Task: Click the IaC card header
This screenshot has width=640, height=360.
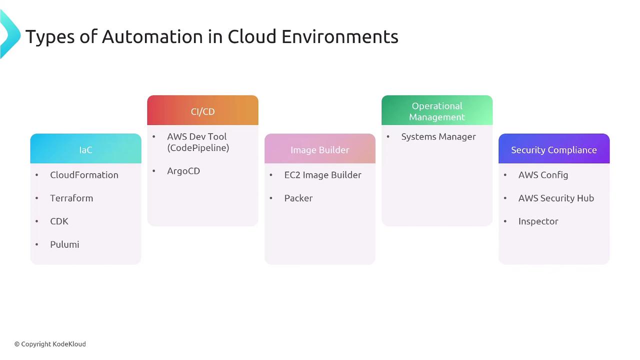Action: click(x=85, y=148)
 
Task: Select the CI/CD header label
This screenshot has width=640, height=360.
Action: click(x=203, y=111)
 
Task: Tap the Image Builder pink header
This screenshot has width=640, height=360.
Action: click(x=320, y=148)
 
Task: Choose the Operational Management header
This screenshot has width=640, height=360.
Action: click(x=437, y=110)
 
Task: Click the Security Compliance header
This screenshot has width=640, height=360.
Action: click(x=554, y=148)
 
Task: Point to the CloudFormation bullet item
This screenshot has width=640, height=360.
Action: click(x=84, y=175)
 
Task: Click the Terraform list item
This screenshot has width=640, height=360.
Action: click(x=71, y=198)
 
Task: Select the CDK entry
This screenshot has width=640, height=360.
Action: click(x=59, y=221)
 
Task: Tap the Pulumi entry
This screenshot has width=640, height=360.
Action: click(x=64, y=244)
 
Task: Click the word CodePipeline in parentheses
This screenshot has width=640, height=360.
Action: click(x=198, y=148)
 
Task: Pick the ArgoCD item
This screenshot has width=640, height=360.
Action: click(x=183, y=171)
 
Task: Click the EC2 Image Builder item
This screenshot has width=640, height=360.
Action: click(x=323, y=175)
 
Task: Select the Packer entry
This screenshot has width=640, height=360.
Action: click(x=298, y=198)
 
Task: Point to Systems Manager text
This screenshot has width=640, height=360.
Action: click(x=438, y=137)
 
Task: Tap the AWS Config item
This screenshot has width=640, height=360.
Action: click(x=543, y=175)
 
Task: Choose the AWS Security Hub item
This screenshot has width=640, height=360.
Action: click(x=556, y=198)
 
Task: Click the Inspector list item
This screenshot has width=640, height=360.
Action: click(x=538, y=221)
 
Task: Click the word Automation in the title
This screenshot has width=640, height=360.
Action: click(x=152, y=36)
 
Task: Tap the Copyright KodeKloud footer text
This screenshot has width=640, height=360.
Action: click(x=50, y=344)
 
